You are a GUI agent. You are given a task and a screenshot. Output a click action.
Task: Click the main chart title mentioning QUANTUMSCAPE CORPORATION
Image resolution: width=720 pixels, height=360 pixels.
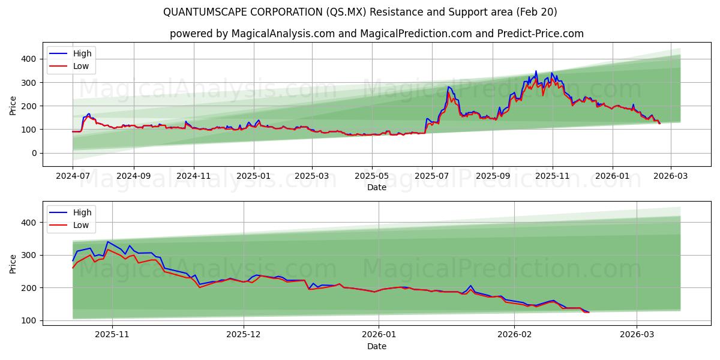point(360,12)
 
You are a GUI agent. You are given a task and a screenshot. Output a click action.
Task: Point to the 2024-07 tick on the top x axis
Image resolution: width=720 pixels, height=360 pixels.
point(73,177)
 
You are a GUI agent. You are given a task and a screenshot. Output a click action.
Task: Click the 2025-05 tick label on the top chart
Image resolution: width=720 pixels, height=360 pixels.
point(371,177)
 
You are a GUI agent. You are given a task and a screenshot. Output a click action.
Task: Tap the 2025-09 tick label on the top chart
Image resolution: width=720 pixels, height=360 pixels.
point(492,177)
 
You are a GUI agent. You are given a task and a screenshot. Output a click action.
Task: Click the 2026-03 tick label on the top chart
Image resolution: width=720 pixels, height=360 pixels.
point(670,177)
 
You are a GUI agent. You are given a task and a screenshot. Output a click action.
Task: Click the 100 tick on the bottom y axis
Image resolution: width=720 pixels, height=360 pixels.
point(30,320)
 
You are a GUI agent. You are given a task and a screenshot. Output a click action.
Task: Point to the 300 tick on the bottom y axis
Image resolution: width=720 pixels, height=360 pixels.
point(30,255)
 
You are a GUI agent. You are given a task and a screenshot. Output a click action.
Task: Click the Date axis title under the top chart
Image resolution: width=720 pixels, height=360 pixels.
point(376,188)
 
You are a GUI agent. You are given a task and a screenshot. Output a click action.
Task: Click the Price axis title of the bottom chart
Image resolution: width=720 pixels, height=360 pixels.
point(13,263)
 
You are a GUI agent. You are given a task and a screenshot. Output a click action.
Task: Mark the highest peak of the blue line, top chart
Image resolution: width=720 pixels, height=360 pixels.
point(536,71)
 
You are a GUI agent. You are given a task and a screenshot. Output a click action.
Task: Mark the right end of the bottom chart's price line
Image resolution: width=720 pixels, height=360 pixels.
point(589,312)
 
